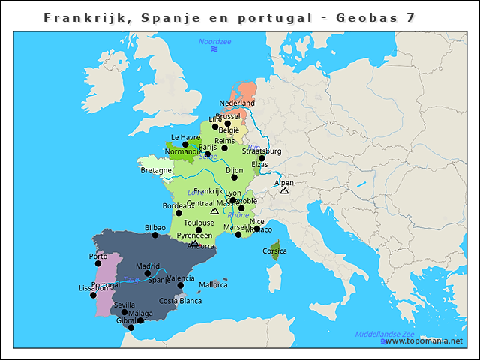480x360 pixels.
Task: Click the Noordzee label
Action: click(x=214, y=42)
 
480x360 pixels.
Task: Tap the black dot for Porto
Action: click(x=98, y=264)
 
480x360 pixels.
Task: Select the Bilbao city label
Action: click(x=155, y=227)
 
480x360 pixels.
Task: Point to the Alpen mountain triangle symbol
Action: click(x=284, y=191)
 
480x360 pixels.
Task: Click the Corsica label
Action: click(x=274, y=251)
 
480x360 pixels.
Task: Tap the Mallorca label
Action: click(x=213, y=285)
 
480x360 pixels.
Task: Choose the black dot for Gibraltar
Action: click(x=131, y=327)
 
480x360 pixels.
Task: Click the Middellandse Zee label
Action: click(x=385, y=334)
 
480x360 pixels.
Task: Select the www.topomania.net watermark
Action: click(x=424, y=341)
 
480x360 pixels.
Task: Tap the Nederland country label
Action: click(x=237, y=103)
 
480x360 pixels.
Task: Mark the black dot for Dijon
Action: click(x=234, y=178)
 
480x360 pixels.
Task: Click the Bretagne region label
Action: click(x=156, y=170)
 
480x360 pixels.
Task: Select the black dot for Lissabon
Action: click(x=93, y=295)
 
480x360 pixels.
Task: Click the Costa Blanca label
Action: click(x=180, y=301)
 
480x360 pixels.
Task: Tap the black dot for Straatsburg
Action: click(x=262, y=158)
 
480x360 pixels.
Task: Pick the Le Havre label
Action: click(x=185, y=137)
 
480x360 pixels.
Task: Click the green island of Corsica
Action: click(x=275, y=246)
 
